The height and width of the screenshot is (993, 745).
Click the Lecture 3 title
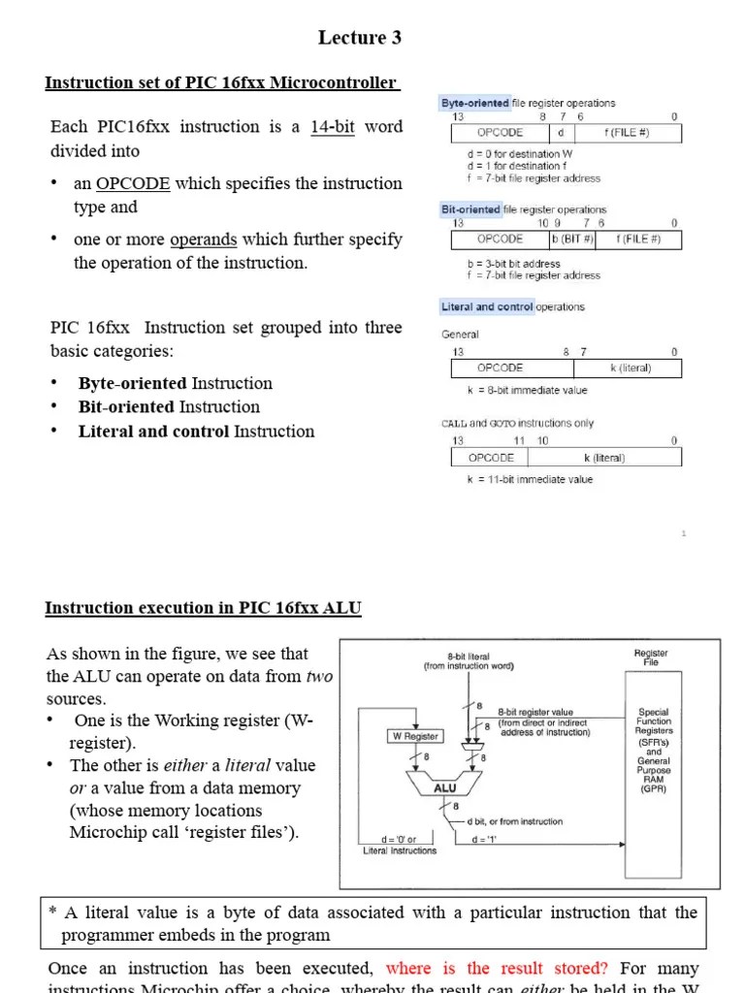[x=359, y=38]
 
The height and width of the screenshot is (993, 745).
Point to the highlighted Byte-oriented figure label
[x=475, y=103]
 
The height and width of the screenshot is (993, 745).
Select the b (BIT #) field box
[x=571, y=239]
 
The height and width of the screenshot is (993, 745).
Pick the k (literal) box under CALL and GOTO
[x=603, y=458]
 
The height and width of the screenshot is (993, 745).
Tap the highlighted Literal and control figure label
[x=486, y=307]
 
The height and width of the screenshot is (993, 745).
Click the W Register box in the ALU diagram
[x=415, y=736]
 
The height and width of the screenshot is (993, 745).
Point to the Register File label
[x=651, y=658]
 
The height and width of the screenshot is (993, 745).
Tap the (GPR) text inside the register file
[x=652, y=789]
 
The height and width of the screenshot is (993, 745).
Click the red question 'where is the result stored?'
[x=497, y=968]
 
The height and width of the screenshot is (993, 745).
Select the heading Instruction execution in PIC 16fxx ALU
[x=203, y=608]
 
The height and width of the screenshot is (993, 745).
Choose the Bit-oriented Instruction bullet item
[x=169, y=407]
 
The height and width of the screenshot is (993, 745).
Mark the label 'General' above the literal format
[x=460, y=335]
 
